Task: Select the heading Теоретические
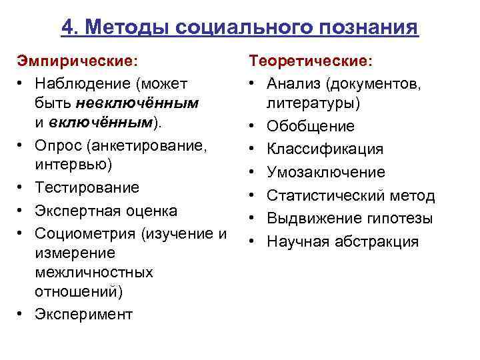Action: [311, 61]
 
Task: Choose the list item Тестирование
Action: [87, 187]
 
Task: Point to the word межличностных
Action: [93, 273]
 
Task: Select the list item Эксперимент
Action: [84, 314]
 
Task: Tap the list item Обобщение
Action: [311, 126]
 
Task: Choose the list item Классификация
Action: [325, 149]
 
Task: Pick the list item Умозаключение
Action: [326, 172]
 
